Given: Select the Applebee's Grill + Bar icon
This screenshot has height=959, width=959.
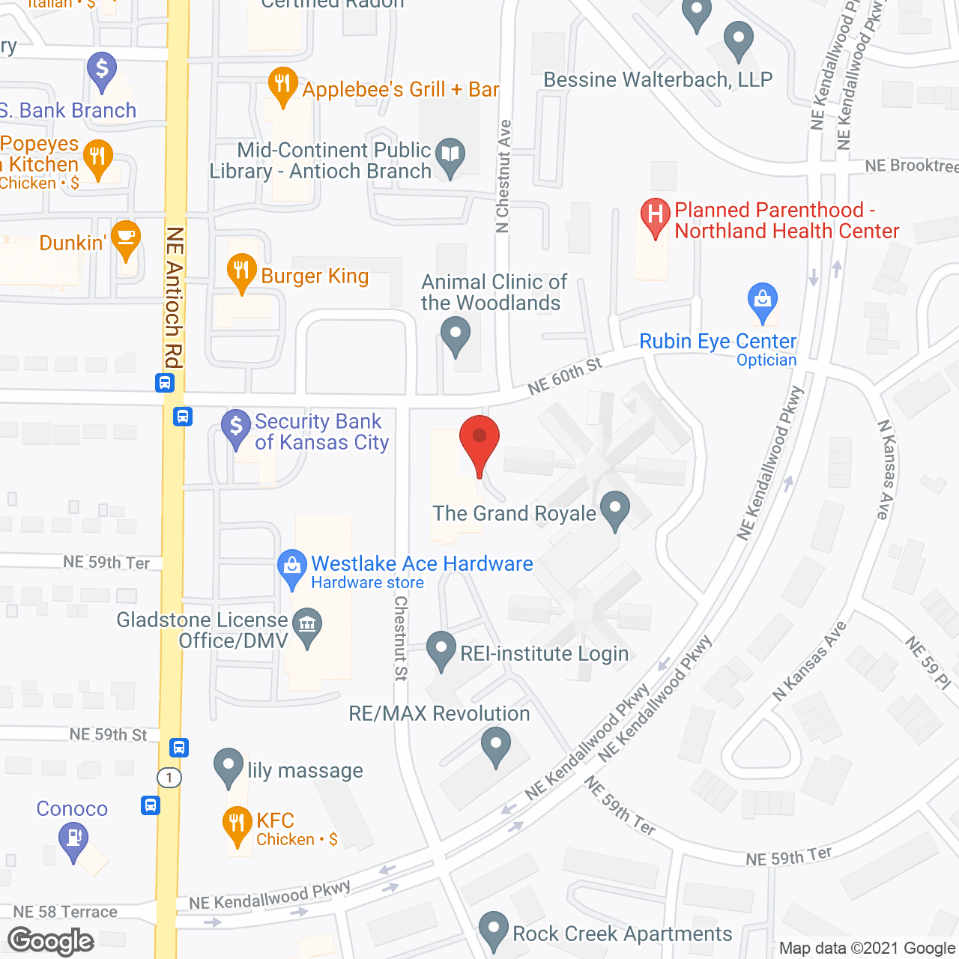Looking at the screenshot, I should [x=282, y=85].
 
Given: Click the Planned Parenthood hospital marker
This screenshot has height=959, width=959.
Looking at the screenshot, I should [x=656, y=215].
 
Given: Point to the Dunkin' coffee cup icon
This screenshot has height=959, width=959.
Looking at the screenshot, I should [x=125, y=238].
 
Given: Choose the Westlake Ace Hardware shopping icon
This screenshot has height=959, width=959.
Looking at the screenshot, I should [x=292, y=567].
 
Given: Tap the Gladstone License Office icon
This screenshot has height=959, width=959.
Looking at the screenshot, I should [x=307, y=626].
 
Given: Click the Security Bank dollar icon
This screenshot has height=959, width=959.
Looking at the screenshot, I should [x=236, y=428].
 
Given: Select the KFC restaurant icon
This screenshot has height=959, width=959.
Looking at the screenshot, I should [x=238, y=824].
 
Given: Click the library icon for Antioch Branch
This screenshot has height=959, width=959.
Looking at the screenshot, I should [x=450, y=156].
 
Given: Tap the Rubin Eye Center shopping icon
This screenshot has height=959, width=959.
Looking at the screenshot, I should [x=763, y=300].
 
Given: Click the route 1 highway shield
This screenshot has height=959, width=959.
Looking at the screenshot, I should [x=169, y=777].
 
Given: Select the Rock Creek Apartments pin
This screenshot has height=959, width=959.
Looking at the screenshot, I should [x=494, y=929].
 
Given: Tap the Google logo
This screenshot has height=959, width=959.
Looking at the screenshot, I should [x=51, y=941].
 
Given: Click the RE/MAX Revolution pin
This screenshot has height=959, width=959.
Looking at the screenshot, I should [x=495, y=747].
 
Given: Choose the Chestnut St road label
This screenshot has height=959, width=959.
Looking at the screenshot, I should [x=401, y=638].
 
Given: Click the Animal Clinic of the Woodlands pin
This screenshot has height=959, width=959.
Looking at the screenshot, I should [x=455, y=334].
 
